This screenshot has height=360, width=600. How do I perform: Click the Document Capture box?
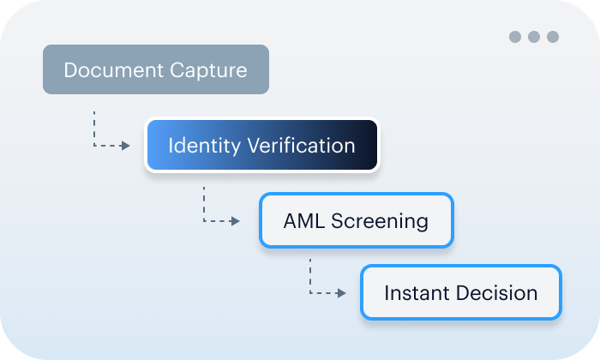pyautogui.click(x=156, y=69)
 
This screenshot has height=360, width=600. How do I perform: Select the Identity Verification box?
pyautogui.click(x=261, y=145)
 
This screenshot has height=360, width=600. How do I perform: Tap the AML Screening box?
pyautogui.click(x=356, y=220)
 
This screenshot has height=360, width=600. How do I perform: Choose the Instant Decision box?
pyautogui.click(x=460, y=292)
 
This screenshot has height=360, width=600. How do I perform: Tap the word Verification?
pyautogui.click(x=301, y=145)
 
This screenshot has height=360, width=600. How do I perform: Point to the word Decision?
pyautogui.click(x=495, y=292)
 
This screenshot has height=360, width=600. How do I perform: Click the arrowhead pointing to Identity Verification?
pyautogui.click(x=126, y=146)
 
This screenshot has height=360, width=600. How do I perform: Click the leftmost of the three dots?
pyautogui.click(x=515, y=37)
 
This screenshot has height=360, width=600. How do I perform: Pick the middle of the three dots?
pyautogui.click(x=534, y=37)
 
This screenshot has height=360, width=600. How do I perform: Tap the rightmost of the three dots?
pyautogui.click(x=553, y=37)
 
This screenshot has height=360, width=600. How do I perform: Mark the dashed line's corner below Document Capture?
pyautogui.click(x=94, y=146)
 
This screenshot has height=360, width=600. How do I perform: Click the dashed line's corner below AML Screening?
pyautogui.click(x=310, y=293)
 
